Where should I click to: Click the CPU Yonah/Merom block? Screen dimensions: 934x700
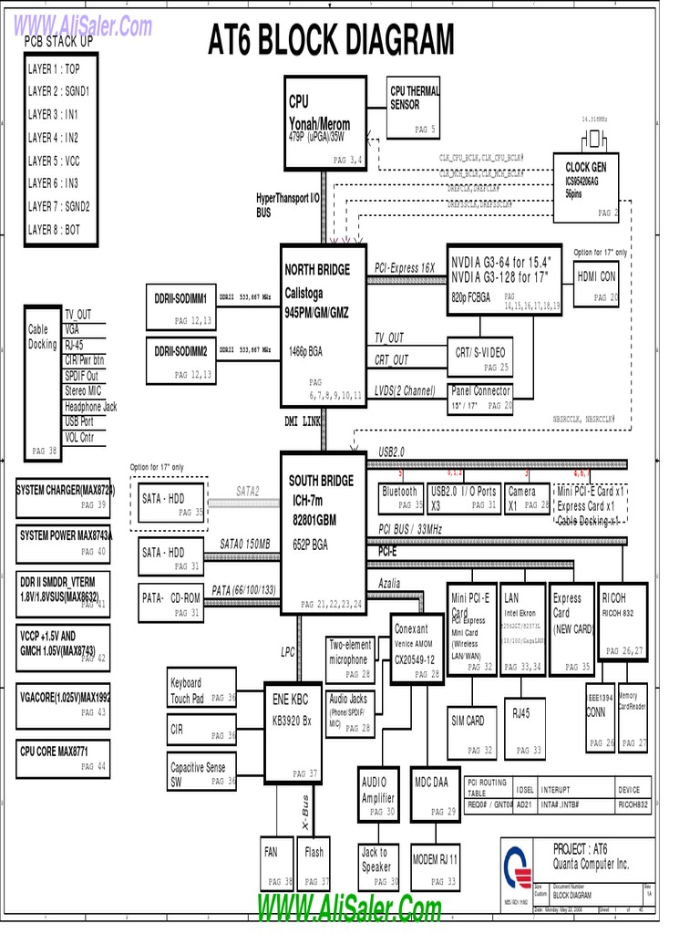[x=324, y=122]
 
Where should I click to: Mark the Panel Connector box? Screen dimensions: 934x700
[x=481, y=398]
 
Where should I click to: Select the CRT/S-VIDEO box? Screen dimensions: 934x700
[x=481, y=358]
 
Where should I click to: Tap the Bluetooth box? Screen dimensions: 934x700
[x=401, y=497]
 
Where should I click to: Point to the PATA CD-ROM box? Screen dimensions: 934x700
[x=171, y=603]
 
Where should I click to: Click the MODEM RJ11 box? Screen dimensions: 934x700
[x=436, y=867]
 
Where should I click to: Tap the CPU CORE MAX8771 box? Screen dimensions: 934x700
[x=63, y=758]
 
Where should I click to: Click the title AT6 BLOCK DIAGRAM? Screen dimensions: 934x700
[x=331, y=41]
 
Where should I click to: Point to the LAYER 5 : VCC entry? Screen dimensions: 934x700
[x=54, y=161]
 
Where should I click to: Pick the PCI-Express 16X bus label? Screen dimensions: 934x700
[x=405, y=268]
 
